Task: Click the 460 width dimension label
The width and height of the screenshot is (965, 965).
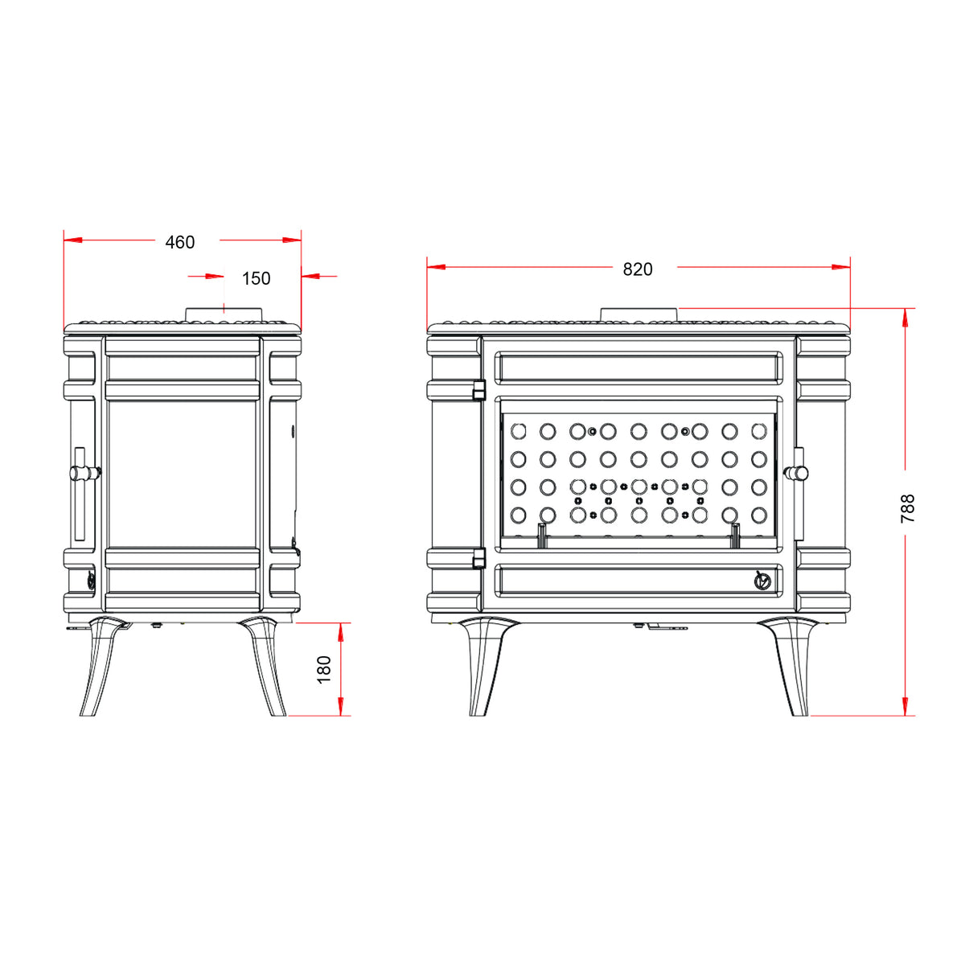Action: click(x=180, y=242)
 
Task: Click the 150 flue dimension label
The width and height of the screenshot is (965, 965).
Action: click(x=256, y=278)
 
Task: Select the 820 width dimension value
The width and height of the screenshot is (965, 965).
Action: click(x=638, y=269)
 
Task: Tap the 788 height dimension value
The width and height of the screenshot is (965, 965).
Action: click(x=907, y=508)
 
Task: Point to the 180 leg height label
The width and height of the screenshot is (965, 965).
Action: click(x=324, y=669)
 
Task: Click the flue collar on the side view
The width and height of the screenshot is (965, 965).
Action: click(x=224, y=315)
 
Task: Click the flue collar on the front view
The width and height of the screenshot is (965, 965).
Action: click(x=640, y=315)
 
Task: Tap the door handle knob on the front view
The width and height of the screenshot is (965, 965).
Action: click(x=796, y=473)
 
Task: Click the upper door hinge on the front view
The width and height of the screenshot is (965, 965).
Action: click(x=479, y=390)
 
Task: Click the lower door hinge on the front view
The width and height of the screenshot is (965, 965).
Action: click(x=479, y=558)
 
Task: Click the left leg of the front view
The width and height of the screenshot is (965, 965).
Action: click(x=483, y=666)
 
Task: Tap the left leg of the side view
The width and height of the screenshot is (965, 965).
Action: click(x=100, y=666)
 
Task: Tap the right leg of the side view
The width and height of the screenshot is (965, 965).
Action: click(x=264, y=666)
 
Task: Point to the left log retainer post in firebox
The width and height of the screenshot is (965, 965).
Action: click(x=541, y=535)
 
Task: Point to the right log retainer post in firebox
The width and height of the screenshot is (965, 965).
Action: click(x=736, y=535)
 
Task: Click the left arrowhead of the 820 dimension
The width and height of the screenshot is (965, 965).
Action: click(x=436, y=267)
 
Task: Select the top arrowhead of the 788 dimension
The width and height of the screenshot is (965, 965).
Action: click(x=905, y=317)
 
